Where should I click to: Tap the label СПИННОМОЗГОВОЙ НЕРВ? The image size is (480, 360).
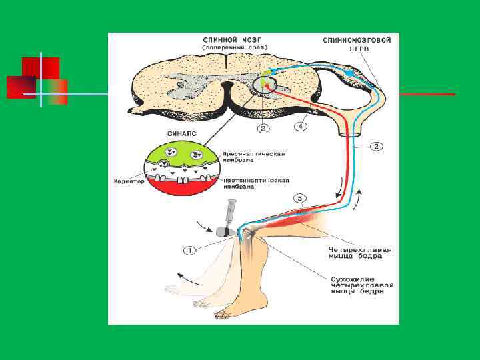tap(357, 45)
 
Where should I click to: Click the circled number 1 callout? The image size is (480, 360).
tap(190, 250)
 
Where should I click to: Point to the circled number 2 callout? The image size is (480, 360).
tap(376, 146)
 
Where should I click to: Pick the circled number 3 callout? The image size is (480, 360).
tap(265, 127)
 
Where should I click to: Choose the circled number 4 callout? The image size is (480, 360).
tap(301, 125)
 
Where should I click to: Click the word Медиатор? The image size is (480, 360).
tap(127, 181)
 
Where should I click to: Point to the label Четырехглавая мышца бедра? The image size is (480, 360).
tap(360, 253)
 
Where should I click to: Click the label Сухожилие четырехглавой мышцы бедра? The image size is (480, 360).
tap(363, 285)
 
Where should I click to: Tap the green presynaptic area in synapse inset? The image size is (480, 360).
tap(180, 157)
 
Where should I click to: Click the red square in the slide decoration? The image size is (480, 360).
tap(41, 68)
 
